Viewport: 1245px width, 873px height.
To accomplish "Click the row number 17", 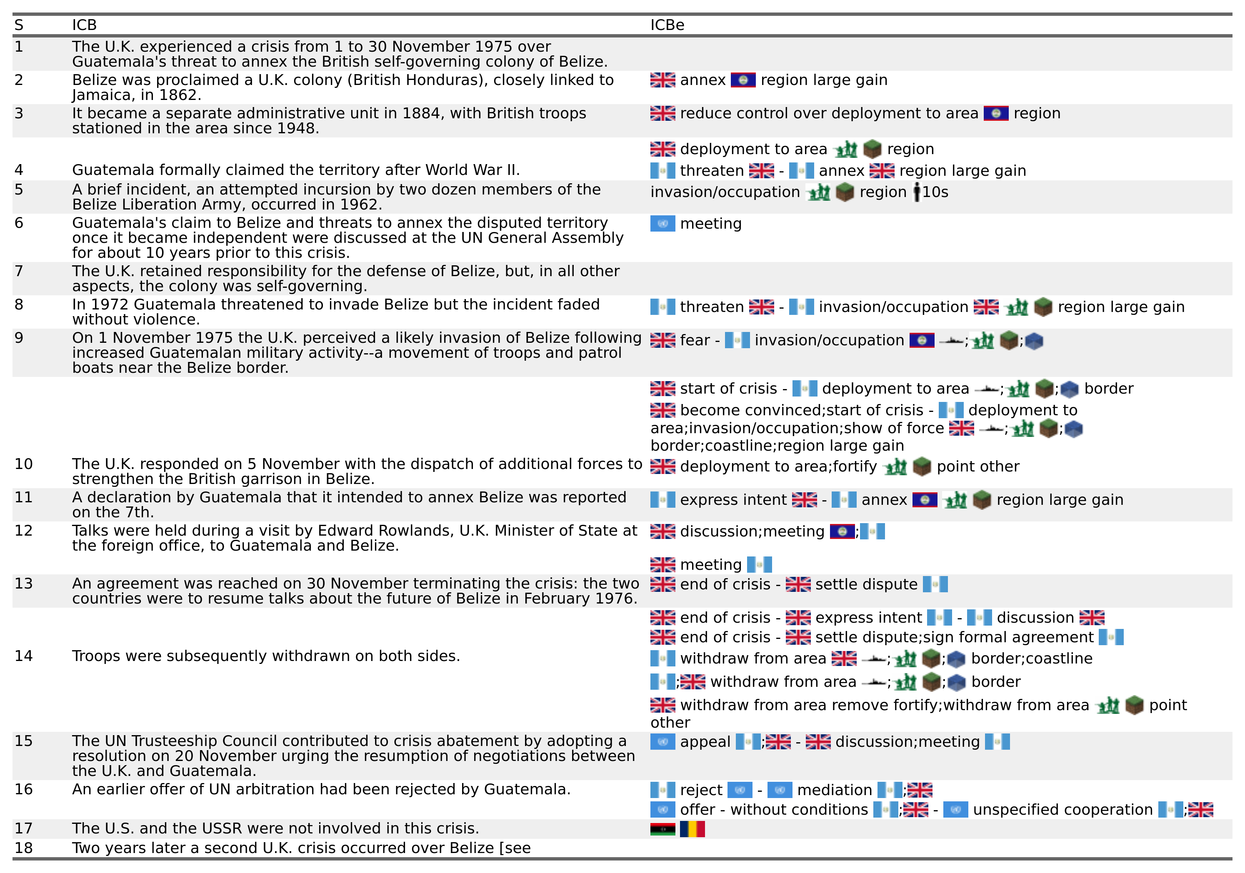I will tap(23, 828).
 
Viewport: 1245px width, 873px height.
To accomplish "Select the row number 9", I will tap(19, 338).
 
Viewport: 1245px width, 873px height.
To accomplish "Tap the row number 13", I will tap(23, 584).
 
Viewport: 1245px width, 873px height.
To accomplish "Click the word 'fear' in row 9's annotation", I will tap(695, 340).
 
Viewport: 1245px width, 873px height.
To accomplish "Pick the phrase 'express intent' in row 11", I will tap(733, 500).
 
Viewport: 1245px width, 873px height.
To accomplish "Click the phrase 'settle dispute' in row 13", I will tap(866, 584).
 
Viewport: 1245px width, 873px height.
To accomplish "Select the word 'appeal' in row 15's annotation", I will tap(705, 741).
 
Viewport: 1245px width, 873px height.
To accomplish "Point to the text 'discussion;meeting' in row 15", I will tap(907, 741).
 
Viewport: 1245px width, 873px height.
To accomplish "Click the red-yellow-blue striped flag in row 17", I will tap(692, 829).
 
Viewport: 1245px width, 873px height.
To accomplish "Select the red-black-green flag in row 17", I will tap(662, 829).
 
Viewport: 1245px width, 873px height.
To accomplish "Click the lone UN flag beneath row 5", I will tap(662, 223).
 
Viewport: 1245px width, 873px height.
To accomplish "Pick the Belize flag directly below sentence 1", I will tap(743, 80).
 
